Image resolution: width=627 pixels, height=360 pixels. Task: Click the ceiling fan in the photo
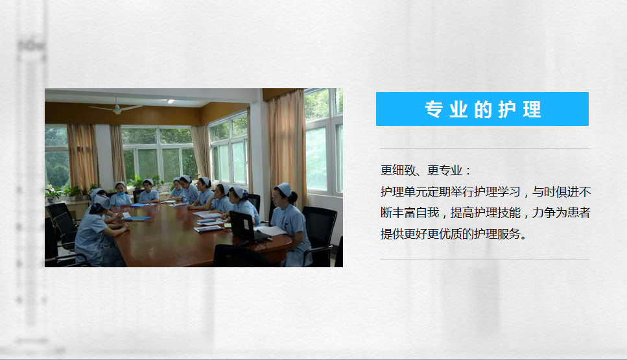click(x=116, y=108)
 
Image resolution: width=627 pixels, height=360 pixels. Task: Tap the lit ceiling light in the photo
click(x=171, y=101)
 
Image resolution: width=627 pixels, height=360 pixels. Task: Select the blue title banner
click(x=482, y=109)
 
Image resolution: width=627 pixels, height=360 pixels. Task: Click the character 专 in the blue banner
click(x=433, y=109)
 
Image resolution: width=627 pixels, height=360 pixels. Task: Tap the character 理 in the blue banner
click(x=532, y=109)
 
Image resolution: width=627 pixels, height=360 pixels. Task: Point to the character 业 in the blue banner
click(x=458, y=109)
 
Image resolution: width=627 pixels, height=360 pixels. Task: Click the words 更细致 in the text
click(x=398, y=171)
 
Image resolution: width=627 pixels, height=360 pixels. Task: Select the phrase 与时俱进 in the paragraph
click(x=556, y=192)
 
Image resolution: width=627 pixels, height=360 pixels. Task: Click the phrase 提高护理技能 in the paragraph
click(x=486, y=213)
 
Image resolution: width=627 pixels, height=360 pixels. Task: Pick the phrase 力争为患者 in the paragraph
click(x=562, y=213)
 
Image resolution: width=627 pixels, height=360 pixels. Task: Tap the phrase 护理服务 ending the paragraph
click(x=497, y=234)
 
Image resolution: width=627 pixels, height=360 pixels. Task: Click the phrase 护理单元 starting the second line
click(x=404, y=192)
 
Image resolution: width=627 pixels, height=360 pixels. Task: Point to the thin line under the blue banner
click(x=484, y=148)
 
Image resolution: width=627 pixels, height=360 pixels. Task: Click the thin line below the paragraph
click(x=484, y=259)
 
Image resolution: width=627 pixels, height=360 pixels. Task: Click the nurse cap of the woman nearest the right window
click(x=284, y=189)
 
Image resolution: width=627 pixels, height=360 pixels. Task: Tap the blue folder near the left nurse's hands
click(x=137, y=219)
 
